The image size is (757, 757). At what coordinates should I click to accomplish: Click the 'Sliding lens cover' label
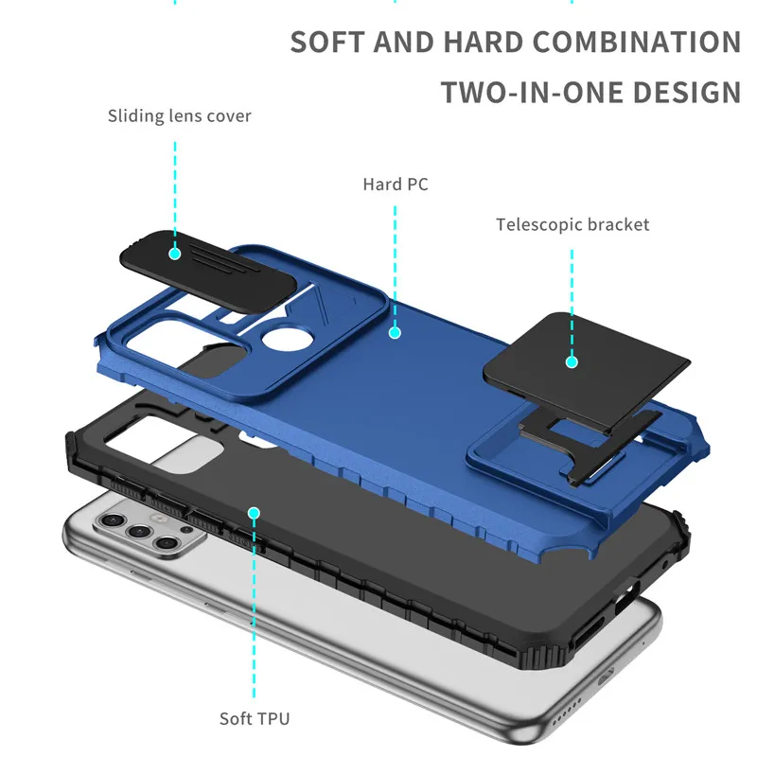click(180, 116)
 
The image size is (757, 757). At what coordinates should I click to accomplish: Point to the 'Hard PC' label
click(396, 184)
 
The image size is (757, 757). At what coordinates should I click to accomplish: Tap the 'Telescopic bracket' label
click(572, 224)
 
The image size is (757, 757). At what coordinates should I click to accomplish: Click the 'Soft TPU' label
click(255, 718)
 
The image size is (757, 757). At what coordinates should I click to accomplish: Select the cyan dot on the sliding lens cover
click(175, 254)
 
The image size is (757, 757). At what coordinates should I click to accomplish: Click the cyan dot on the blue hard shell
click(395, 333)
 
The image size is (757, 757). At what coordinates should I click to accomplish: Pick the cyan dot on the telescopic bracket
click(572, 361)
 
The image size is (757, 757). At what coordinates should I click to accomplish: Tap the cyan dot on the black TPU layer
click(254, 513)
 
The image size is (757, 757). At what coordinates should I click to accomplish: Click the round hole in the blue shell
click(287, 338)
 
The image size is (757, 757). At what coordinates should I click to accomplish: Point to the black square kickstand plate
click(587, 372)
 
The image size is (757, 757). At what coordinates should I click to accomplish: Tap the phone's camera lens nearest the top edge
click(112, 519)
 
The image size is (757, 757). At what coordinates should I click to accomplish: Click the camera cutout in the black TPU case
click(164, 444)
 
